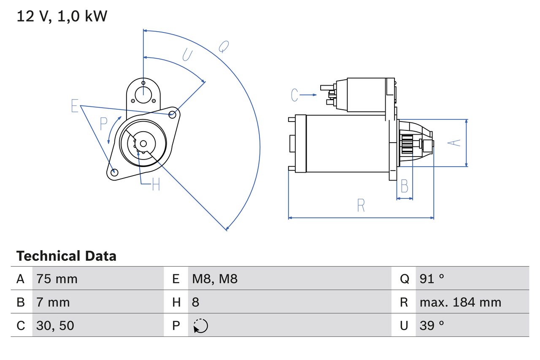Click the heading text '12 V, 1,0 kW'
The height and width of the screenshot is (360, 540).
point(62,16)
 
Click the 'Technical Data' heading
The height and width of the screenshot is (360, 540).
point(66,256)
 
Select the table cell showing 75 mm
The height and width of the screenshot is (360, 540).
point(57,279)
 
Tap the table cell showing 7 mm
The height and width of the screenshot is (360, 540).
point(53,302)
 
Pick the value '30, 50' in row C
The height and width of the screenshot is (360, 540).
point(55,325)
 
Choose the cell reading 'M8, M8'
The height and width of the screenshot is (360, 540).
point(215,279)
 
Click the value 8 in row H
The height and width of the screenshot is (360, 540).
point(196,302)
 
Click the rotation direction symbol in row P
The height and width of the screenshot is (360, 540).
point(200,326)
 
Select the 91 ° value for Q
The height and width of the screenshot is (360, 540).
point(432,279)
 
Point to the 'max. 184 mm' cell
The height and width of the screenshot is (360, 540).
point(460,302)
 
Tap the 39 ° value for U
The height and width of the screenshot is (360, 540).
point(432,325)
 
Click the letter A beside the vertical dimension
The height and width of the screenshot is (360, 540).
point(454,143)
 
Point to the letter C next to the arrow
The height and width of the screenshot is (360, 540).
point(294,95)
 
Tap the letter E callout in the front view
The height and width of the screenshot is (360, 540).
point(75,106)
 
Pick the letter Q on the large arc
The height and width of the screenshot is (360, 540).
point(224,46)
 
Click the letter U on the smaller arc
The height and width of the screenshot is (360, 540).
point(187,54)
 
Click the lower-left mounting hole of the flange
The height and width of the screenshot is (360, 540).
point(114,172)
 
